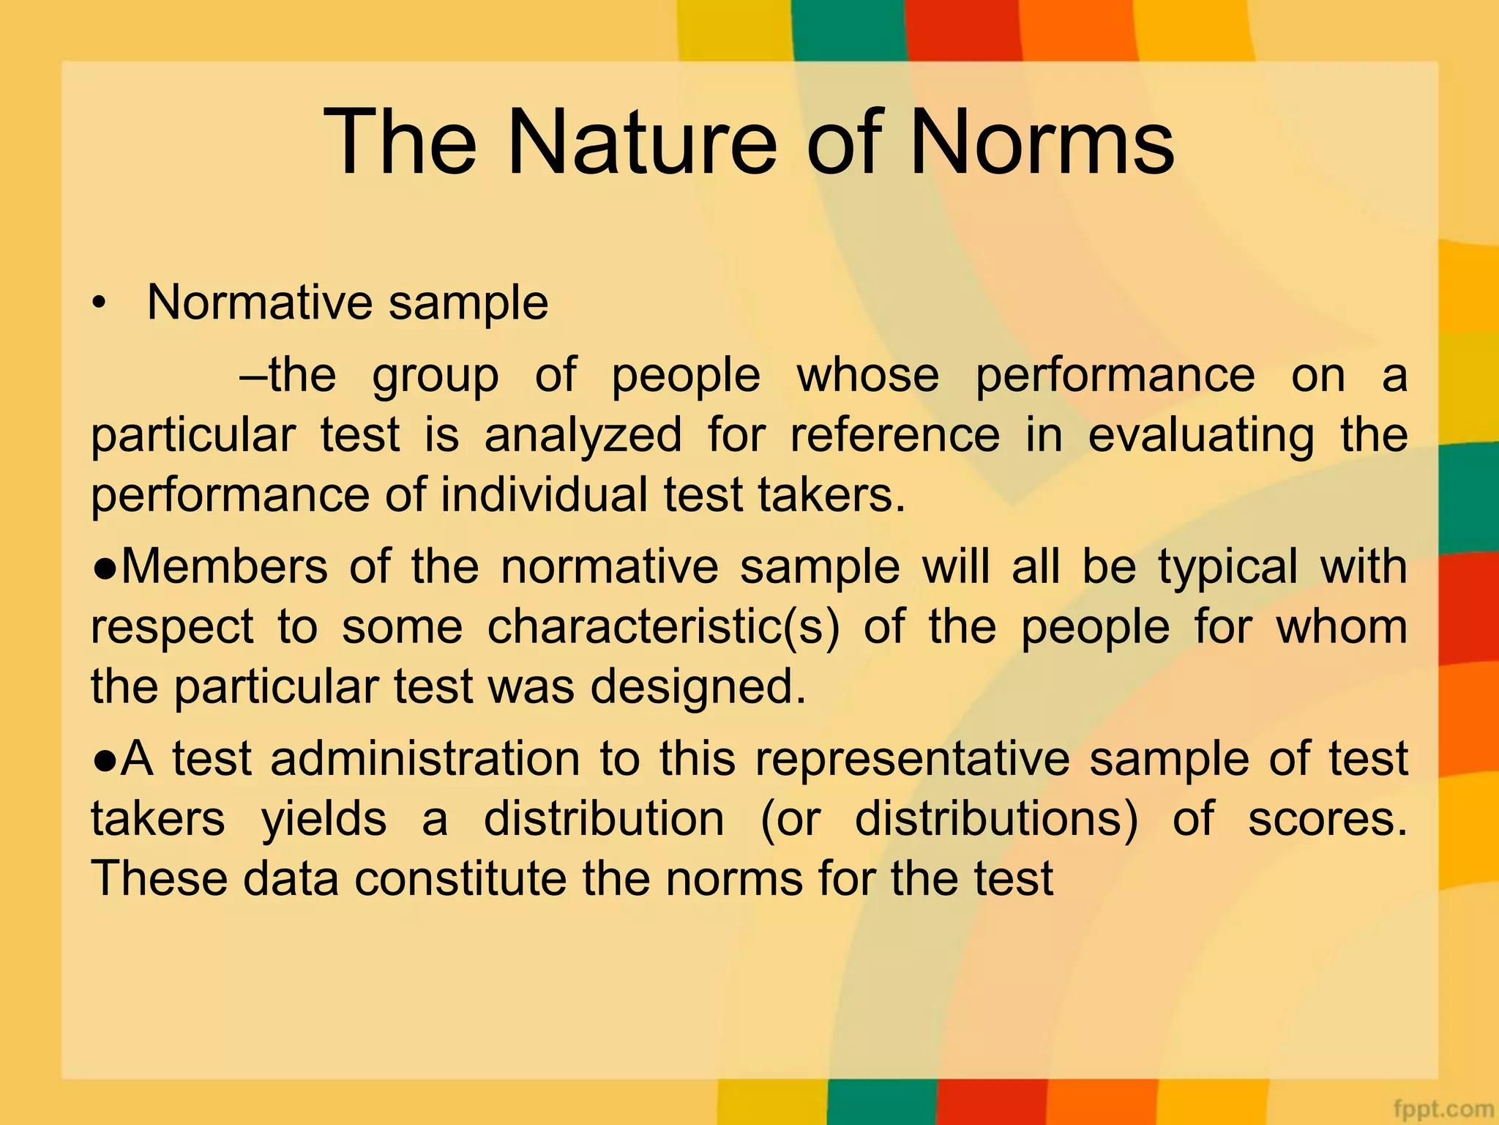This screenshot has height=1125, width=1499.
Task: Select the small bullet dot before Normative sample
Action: [x=100, y=303]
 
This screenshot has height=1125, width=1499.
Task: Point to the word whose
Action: [x=867, y=375]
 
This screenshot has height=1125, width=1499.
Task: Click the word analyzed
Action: [x=583, y=435]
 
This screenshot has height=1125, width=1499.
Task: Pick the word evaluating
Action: [x=1200, y=435]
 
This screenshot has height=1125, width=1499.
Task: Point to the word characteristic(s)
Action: [x=663, y=627]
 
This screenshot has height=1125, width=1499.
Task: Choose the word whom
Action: [x=1342, y=627]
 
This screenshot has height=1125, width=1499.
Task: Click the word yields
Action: [x=324, y=818]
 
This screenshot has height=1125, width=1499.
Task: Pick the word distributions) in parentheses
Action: [x=995, y=818]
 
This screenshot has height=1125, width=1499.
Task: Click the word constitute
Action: [x=460, y=878]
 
